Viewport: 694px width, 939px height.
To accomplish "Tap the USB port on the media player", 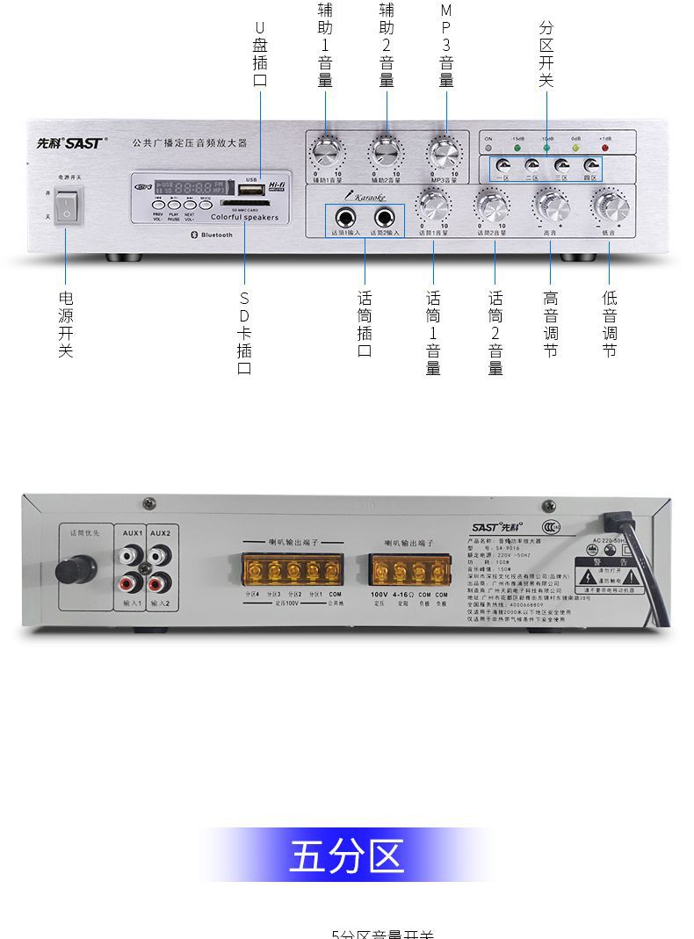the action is tap(250, 189).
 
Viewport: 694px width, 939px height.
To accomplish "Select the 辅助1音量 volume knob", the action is tap(326, 152).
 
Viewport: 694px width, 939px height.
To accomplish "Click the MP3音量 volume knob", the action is tap(445, 152).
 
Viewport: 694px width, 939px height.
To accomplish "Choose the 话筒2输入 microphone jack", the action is tap(384, 217).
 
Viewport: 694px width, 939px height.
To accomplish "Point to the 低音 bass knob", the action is tap(609, 206).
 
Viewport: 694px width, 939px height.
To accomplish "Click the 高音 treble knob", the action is tap(551, 206).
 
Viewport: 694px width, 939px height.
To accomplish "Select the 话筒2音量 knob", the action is tap(491, 206).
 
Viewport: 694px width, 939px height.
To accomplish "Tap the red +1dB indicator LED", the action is tap(604, 147).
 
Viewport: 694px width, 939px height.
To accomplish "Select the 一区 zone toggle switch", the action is tap(502, 166).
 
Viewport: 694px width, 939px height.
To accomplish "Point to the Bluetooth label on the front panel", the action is tap(210, 235).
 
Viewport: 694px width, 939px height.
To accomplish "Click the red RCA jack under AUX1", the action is tap(131, 582).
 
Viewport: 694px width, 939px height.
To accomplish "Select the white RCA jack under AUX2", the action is tap(159, 555).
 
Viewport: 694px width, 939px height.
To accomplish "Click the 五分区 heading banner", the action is tap(346, 856).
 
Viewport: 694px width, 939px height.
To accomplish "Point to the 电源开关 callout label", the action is tap(65, 324).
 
